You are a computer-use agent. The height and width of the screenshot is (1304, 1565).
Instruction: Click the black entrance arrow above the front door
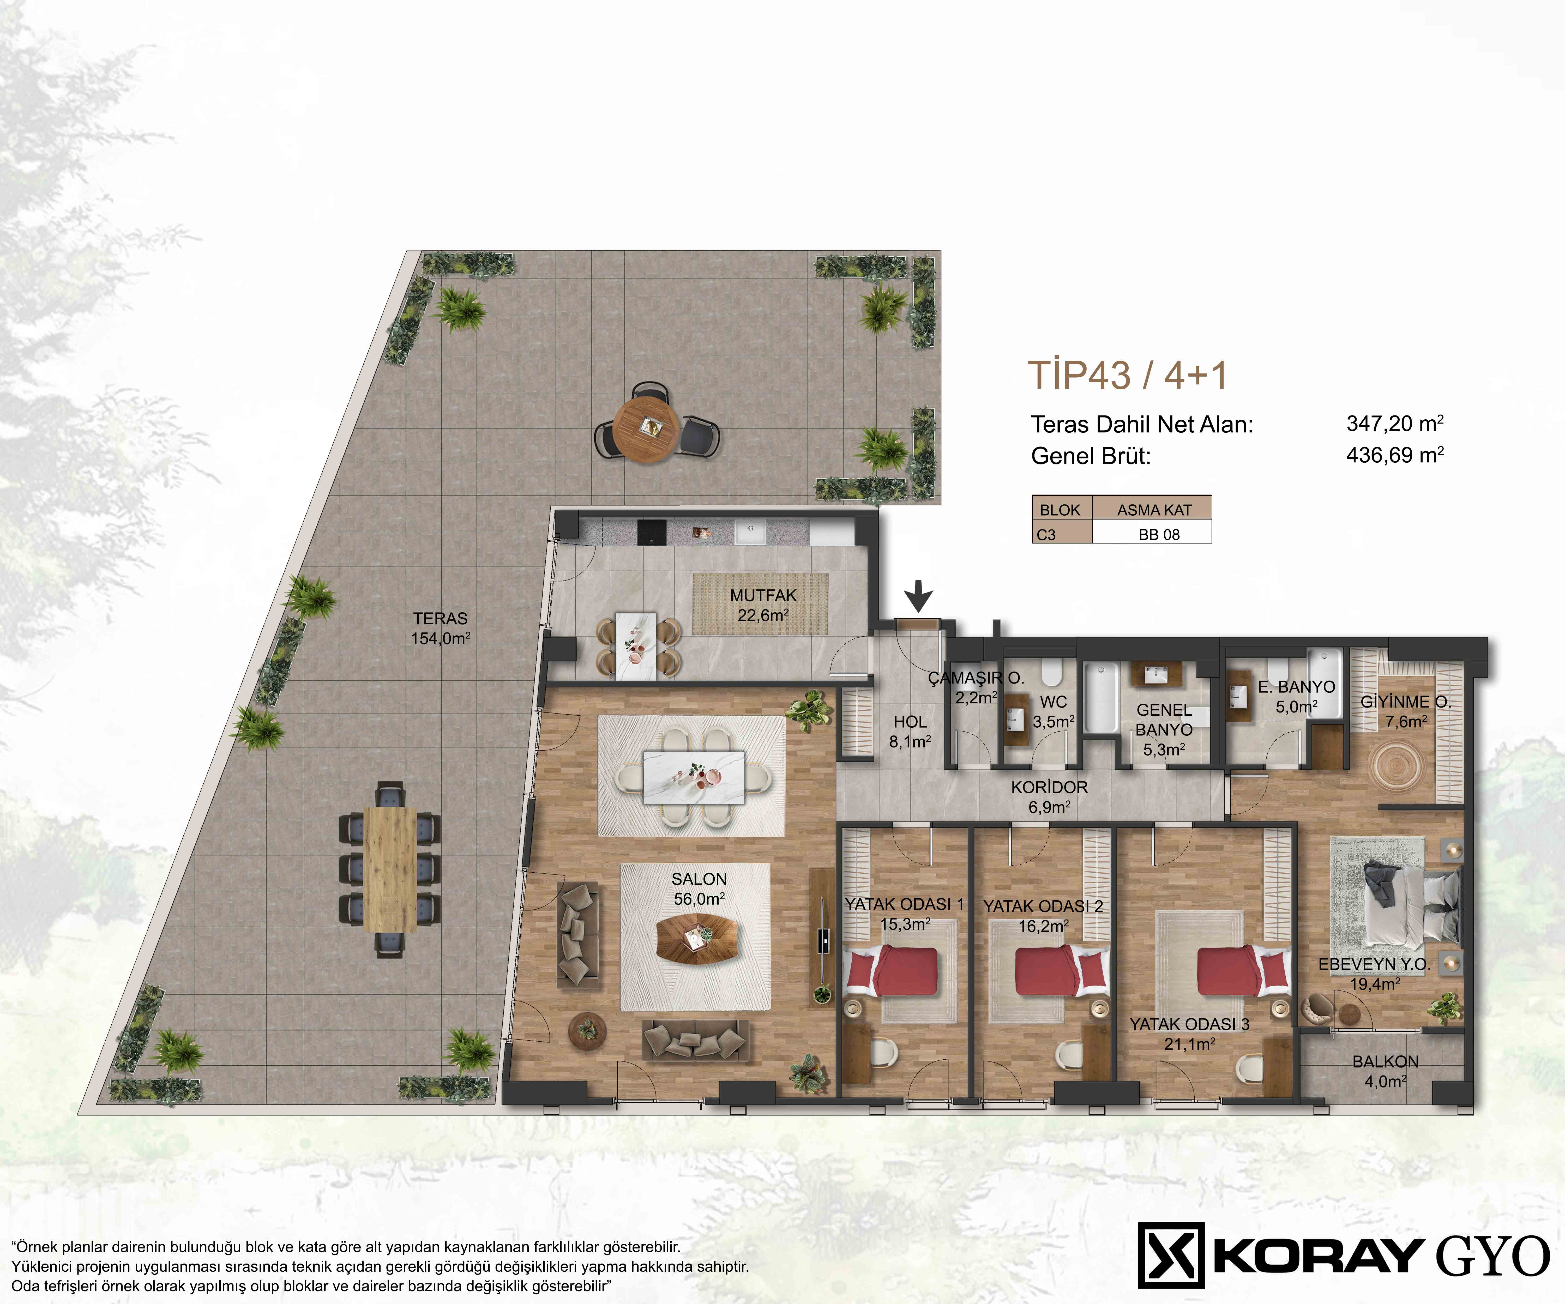coord(919,595)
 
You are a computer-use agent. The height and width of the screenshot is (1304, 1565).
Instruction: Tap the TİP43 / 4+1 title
coord(1128,375)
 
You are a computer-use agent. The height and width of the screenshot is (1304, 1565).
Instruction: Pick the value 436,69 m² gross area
coord(1395,455)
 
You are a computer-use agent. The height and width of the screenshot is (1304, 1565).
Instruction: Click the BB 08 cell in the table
coord(1159,534)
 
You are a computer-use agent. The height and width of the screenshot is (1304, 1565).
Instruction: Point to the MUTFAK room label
coord(763,595)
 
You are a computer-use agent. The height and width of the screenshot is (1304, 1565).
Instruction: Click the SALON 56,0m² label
coord(699,889)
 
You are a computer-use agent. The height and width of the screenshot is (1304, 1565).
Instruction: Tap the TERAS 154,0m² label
coord(441,628)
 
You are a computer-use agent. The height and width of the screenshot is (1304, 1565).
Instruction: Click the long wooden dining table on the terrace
coord(390,869)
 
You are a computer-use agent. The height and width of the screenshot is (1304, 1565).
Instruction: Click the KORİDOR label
coord(1049,787)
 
